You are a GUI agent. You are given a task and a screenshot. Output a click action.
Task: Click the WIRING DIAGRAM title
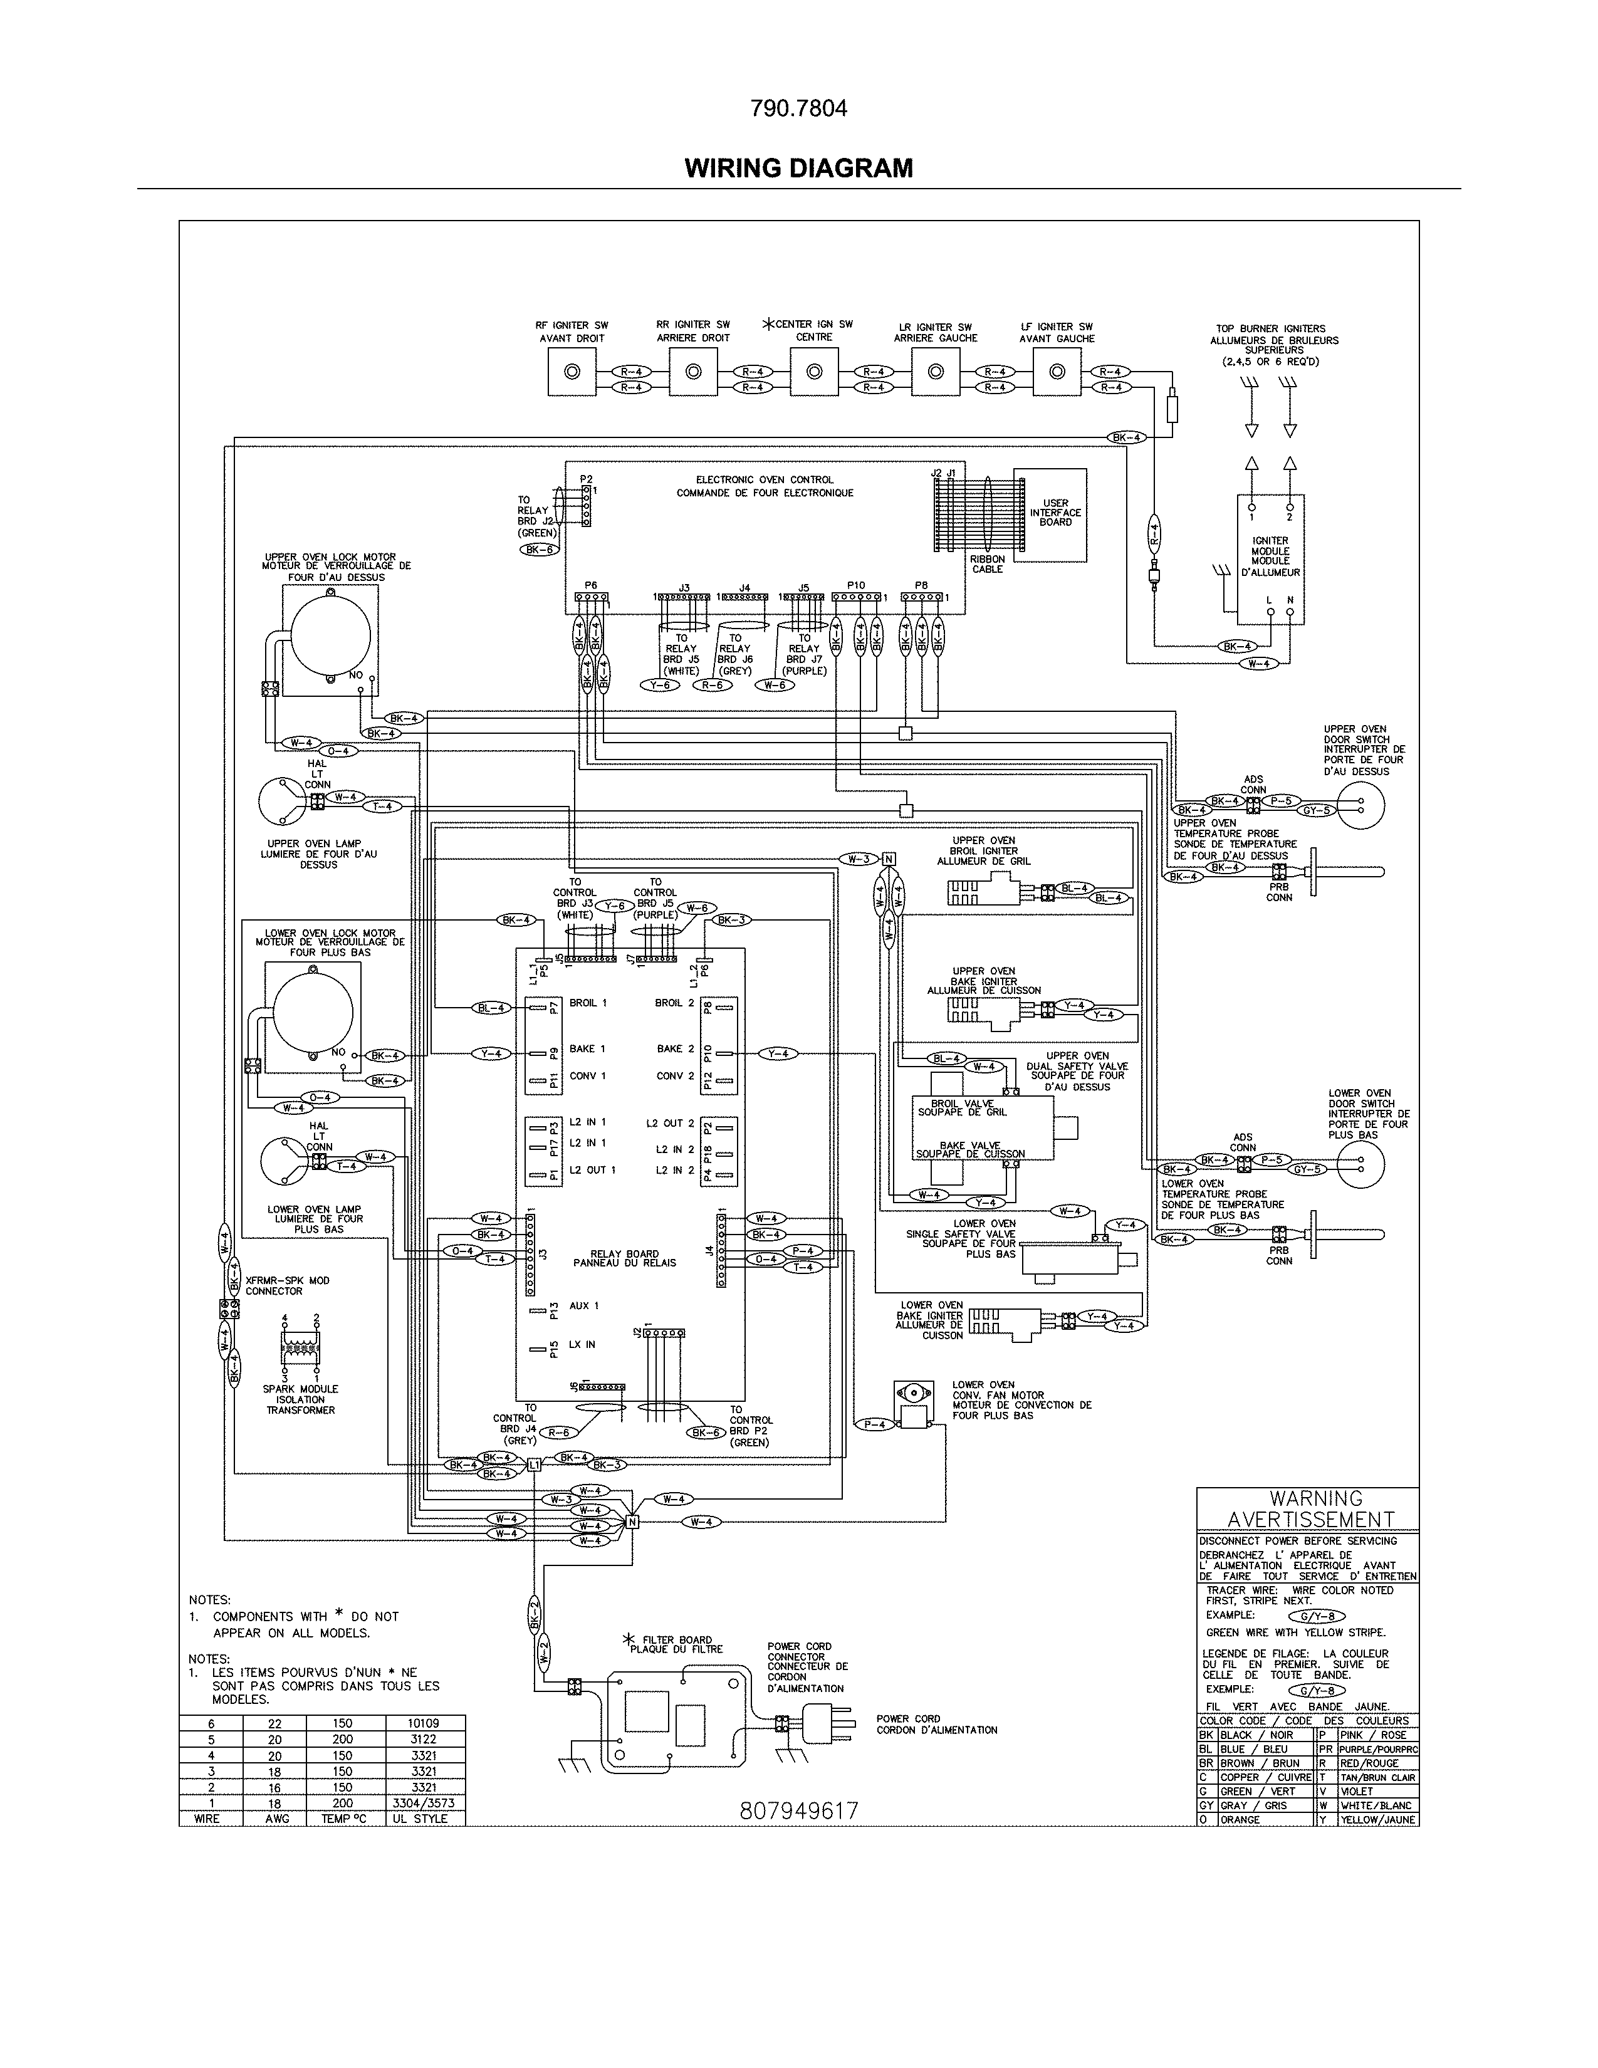point(798,169)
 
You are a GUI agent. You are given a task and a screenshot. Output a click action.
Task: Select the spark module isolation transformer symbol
point(301,1347)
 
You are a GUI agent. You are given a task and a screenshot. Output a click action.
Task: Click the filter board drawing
point(675,1722)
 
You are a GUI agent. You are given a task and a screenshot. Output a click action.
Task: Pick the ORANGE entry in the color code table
point(1240,1820)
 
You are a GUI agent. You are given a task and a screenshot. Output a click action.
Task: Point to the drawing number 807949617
point(798,1810)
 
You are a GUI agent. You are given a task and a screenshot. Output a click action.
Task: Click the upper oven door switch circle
point(1360,805)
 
